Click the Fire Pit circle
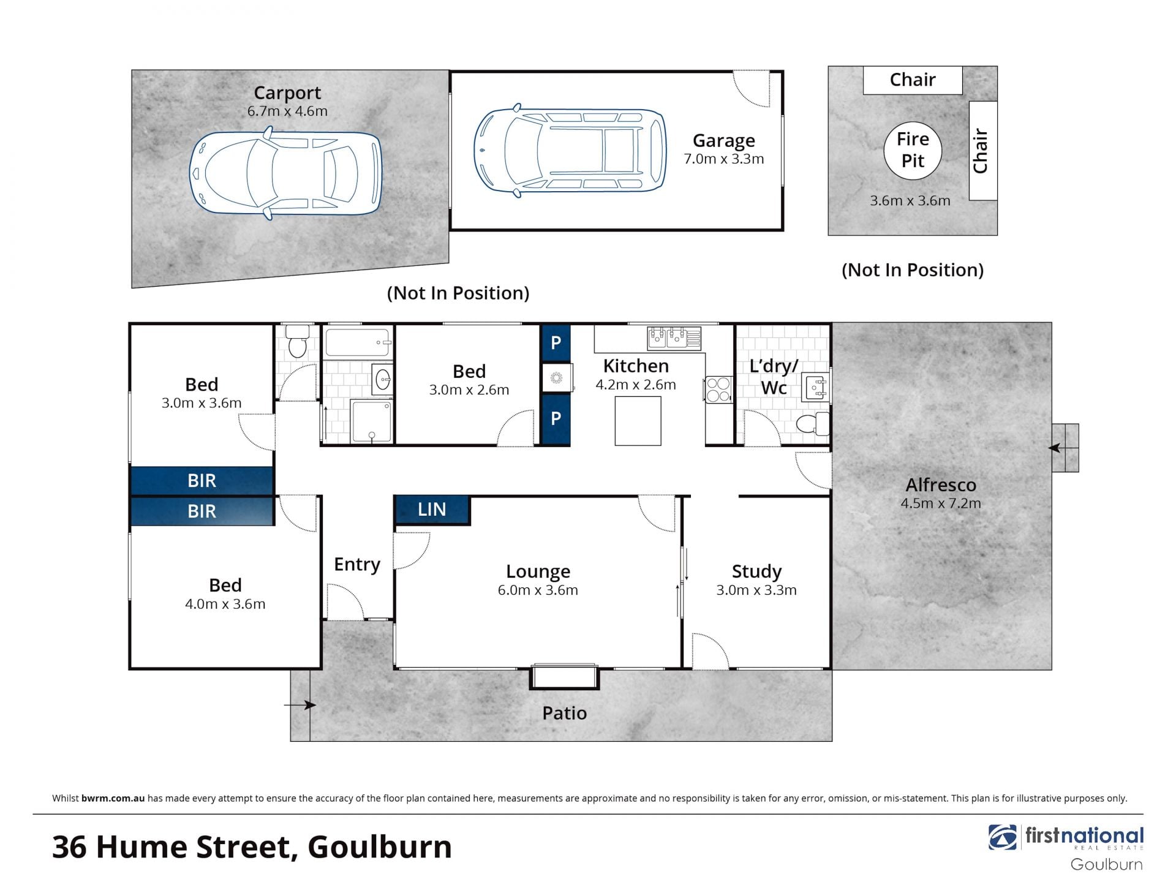(x=913, y=150)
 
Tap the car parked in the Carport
(x=285, y=173)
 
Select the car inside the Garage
(x=570, y=151)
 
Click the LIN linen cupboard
(x=432, y=510)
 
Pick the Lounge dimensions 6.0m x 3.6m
(x=538, y=590)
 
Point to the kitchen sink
(x=674, y=337)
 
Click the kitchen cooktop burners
(x=718, y=390)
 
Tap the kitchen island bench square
(x=638, y=421)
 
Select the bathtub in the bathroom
(x=358, y=342)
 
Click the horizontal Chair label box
(x=913, y=80)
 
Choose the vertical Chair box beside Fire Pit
(x=983, y=151)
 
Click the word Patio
(x=565, y=713)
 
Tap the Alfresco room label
(x=941, y=485)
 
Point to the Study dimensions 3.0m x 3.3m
(x=756, y=590)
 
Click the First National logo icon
(x=1003, y=837)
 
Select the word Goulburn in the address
(x=380, y=847)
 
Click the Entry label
(x=357, y=564)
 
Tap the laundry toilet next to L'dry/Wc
(x=813, y=423)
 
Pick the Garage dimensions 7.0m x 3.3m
(x=724, y=159)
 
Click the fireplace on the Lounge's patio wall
(x=565, y=677)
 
